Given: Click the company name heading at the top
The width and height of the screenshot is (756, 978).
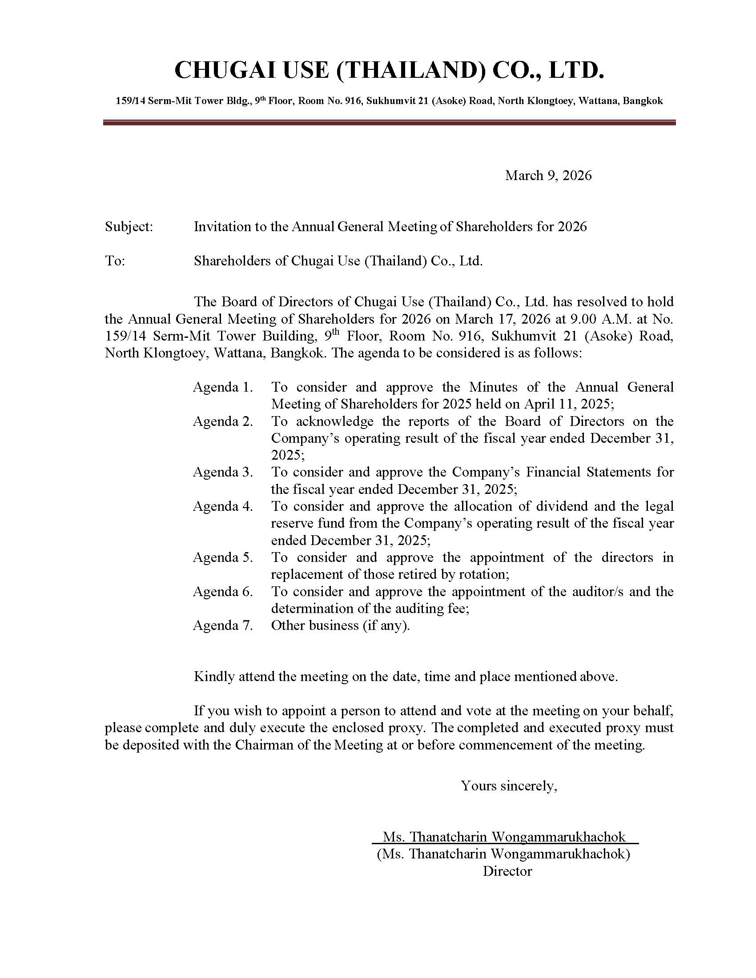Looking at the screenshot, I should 389,71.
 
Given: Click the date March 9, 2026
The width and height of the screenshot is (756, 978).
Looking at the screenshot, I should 548,175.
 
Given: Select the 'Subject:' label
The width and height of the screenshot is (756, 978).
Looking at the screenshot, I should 129,227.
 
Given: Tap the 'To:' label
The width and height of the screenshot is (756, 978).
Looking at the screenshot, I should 115,261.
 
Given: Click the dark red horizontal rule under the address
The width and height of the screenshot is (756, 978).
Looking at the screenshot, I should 389,122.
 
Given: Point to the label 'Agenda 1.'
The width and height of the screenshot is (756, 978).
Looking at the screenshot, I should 223,387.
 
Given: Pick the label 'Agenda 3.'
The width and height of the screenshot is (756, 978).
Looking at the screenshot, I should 223,472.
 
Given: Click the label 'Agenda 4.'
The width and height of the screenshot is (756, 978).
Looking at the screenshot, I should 223,506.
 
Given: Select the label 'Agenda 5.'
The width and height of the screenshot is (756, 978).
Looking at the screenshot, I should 223,557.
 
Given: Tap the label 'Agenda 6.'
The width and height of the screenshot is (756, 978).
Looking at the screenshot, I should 223,592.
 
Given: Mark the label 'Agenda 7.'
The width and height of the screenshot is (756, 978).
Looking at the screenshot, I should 223,625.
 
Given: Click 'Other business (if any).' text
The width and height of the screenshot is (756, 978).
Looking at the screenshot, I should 340,625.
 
